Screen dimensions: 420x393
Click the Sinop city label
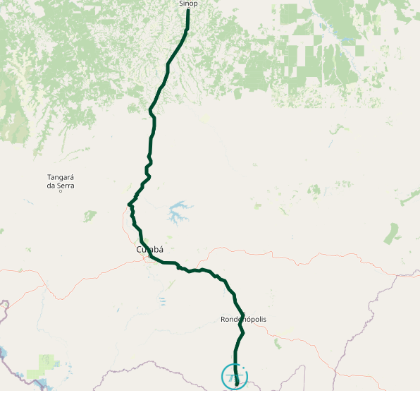click(x=188, y=4)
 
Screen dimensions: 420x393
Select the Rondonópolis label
click(x=243, y=320)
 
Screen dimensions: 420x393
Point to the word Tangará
click(x=61, y=177)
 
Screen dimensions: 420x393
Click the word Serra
click(x=66, y=186)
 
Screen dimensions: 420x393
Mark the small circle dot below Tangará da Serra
click(x=61, y=192)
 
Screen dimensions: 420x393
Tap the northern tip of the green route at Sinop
click(x=188, y=11)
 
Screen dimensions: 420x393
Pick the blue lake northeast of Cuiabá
click(x=179, y=211)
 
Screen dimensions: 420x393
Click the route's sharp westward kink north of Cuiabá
click(x=129, y=205)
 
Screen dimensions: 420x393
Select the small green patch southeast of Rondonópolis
click(x=278, y=344)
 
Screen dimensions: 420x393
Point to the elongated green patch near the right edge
click(x=391, y=233)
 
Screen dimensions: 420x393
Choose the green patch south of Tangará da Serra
click(x=89, y=216)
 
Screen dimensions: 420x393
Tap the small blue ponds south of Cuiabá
click(x=162, y=301)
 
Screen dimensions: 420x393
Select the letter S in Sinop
click(x=181, y=4)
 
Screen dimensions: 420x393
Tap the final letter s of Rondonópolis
click(x=265, y=320)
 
